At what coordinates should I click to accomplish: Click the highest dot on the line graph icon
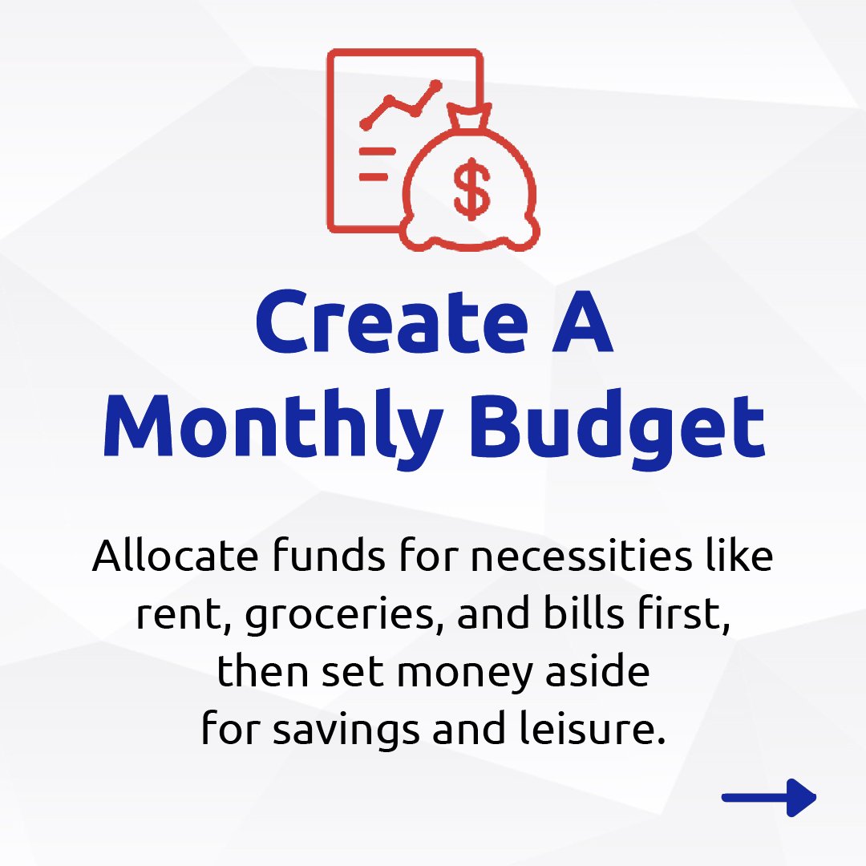(435, 84)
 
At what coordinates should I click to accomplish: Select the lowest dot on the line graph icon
(366, 124)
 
